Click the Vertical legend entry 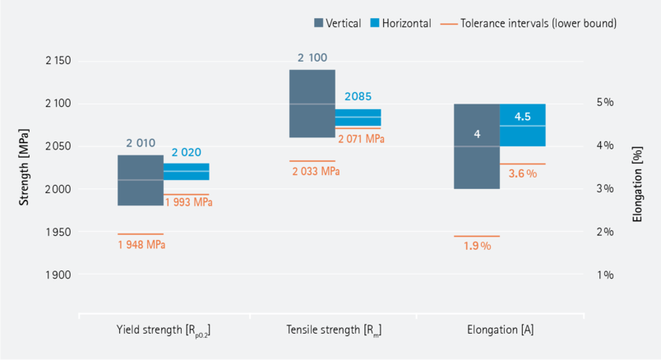tap(337, 24)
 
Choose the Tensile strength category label tap(334, 331)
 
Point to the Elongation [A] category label tap(500, 331)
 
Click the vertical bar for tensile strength tap(312, 104)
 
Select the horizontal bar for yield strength tap(186, 171)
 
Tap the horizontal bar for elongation tap(522, 125)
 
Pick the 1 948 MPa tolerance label tap(141, 244)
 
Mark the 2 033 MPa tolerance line tap(312, 161)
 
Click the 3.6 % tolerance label tap(521, 174)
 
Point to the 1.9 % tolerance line tap(476, 236)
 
